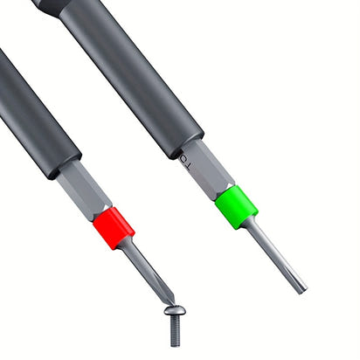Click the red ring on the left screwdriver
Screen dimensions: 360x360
click(114, 228)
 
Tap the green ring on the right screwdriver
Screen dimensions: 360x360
click(235, 206)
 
